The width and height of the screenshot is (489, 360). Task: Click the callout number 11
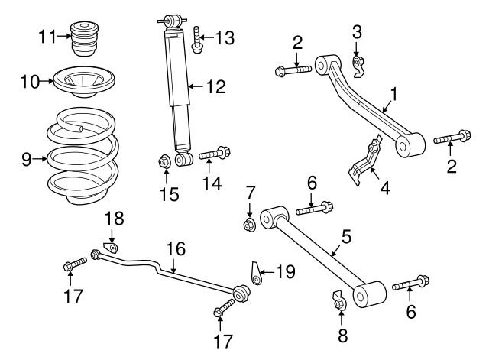click(x=47, y=35)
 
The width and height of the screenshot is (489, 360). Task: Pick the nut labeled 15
click(x=163, y=162)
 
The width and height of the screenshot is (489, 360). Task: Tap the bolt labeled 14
click(x=212, y=156)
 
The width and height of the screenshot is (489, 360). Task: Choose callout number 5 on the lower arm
click(x=346, y=237)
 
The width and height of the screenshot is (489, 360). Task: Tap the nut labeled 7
click(x=249, y=224)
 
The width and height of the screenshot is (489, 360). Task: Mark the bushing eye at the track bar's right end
click(x=240, y=293)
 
